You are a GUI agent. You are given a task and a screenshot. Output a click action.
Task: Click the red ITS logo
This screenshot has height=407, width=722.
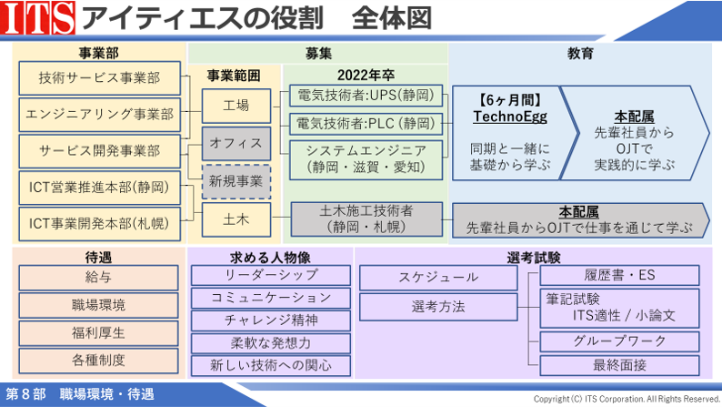pyautogui.click(x=38, y=17)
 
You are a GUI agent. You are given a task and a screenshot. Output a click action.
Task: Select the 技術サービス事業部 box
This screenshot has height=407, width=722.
pyautogui.click(x=99, y=78)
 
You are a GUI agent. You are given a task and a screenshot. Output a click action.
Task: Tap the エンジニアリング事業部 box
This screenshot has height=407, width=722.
pyautogui.click(x=99, y=115)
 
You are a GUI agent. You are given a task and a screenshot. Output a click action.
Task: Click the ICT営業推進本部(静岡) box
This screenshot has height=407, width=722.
pyautogui.click(x=99, y=188)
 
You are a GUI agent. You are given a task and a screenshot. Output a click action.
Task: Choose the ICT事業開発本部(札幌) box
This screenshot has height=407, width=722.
pyautogui.click(x=99, y=224)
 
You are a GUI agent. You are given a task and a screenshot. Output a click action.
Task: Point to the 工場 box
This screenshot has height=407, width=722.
pyautogui.click(x=236, y=106)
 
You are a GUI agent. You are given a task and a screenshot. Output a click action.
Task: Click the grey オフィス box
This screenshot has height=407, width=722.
pyautogui.click(x=236, y=144)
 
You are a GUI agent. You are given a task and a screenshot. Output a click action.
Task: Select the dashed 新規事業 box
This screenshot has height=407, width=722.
pyautogui.click(x=236, y=181)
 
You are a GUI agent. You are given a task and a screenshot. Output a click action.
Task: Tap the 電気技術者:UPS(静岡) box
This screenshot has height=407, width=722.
pyautogui.click(x=366, y=96)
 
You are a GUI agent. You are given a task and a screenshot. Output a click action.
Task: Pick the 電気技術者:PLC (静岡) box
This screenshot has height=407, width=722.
pyautogui.click(x=366, y=124)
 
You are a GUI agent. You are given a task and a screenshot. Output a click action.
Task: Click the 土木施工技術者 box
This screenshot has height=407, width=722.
pyautogui.click(x=366, y=219)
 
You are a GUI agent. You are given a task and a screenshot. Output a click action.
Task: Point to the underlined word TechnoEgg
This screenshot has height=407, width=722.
pyautogui.click(x=510, y=117)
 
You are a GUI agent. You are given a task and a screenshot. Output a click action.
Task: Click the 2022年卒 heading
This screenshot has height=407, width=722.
pyautogui.click(x=366, y=76)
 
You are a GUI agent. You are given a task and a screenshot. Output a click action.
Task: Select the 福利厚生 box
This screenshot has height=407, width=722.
pyautogui.click(x=98, y=333)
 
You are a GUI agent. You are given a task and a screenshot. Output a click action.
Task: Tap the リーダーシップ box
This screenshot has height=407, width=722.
pyautogui.click(x=271, y=276)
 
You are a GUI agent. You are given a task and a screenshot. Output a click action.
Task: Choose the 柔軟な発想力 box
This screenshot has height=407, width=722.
pyautogui.click(x=271, y=343)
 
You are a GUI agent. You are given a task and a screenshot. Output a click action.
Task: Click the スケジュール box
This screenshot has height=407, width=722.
pyautogui.click(x=438, y=278)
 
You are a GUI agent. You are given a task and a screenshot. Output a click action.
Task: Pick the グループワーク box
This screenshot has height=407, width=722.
pyautogui.click(x=620, y=341)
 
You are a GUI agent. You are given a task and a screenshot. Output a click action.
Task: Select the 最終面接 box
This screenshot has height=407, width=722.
pyautogui.click(x=620, y=366)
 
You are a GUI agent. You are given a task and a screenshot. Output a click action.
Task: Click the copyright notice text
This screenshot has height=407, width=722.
pyautogui.click(x=627, y=399)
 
